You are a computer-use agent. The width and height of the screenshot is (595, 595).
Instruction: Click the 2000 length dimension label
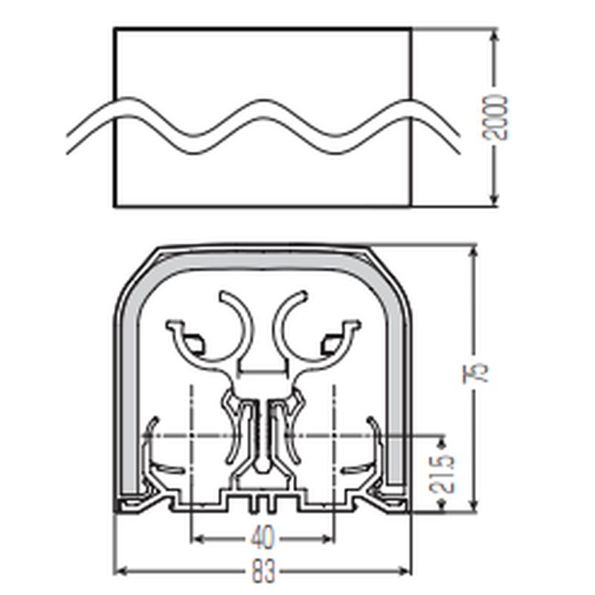tap(495, 118)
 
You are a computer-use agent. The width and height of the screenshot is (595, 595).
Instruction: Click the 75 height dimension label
tap(475, 373)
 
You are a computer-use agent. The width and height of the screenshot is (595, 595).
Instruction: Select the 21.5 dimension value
tap(443, 474)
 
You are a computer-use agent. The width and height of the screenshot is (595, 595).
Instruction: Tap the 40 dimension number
tap(263, 538)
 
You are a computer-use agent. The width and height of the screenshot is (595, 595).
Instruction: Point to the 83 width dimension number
tap(263, 570)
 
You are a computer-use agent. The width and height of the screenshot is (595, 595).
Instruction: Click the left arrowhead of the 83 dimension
tap(120, 570)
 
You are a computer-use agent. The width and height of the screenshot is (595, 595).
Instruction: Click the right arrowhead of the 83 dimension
tap(405, 570)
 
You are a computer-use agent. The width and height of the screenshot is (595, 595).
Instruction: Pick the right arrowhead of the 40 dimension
tap(328, 538)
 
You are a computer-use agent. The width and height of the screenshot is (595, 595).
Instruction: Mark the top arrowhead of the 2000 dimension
tap(494, 36)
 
